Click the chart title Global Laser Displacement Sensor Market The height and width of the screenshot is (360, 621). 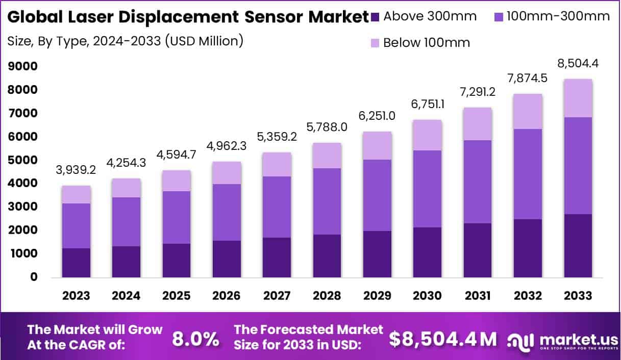(188, 17)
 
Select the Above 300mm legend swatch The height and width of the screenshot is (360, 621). (377, 16)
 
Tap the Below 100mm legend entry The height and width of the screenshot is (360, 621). (420, 42)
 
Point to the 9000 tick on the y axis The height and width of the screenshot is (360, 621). (22, 66)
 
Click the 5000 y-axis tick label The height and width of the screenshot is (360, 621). (22, 160)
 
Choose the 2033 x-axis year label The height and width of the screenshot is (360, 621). (578, 296)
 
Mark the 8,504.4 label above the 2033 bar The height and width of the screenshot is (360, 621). (578, 64)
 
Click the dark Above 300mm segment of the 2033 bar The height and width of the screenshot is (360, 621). (578, 246)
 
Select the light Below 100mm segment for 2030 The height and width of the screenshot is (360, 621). (428, 135)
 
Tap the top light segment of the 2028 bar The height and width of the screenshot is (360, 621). (328, 156)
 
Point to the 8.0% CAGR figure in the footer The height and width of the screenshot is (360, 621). (196, 339)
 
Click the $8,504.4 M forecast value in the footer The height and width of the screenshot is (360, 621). (443, 339)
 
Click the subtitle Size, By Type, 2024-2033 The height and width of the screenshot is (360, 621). (125, 41)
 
